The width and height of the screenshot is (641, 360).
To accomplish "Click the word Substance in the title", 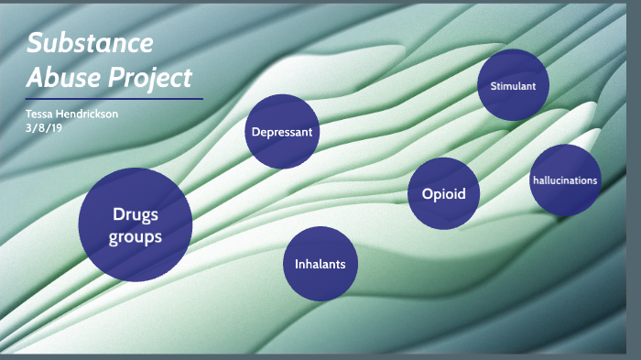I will [89, 43].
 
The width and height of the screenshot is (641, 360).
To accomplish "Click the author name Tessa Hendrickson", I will [72, 114].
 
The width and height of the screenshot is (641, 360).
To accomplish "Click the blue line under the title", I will [114, 99].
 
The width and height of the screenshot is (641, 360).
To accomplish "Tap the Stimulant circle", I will [514, 86].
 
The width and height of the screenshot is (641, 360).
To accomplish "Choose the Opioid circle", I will [444, 193].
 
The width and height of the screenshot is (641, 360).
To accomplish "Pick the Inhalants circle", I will [320, 264].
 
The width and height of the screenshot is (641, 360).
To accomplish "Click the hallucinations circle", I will [565, 180].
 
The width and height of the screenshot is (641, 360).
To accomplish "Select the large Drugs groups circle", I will [136, 224].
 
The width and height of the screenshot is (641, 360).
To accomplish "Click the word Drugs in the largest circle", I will [136, 214].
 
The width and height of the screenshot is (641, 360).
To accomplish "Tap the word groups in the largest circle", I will [136, 236].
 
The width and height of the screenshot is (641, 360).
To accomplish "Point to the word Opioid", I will [444, 194].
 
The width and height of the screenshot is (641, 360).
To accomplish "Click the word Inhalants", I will [320, 265].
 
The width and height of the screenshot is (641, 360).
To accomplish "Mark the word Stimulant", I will [514, 87].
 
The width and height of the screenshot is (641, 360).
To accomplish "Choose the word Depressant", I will [282, 132].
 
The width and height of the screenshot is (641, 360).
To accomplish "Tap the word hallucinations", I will [565, 180].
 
